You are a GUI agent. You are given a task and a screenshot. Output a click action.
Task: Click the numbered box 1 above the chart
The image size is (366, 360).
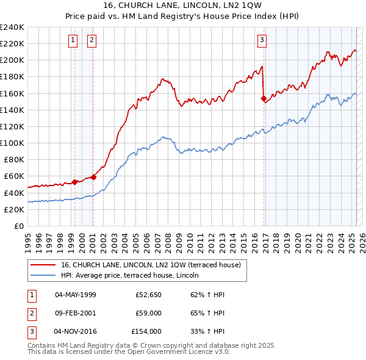(73, 41)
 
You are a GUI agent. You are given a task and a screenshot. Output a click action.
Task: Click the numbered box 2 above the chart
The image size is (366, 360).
(91, 41)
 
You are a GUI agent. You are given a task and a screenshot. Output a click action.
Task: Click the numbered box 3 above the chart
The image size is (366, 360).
(262, 41)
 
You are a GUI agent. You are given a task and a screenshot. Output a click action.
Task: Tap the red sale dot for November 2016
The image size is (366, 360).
(264, 98)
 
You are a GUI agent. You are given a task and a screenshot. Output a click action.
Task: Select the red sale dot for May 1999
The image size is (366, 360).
(74, 182)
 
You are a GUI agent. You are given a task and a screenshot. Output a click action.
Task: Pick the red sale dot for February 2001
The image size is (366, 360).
(94, 177)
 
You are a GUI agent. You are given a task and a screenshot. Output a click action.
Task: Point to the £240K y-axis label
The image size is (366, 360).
(12, 27)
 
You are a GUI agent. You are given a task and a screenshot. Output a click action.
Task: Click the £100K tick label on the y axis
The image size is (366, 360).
(12, 143)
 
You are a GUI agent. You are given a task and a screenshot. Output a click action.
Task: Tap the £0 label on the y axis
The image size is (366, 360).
(19, 226)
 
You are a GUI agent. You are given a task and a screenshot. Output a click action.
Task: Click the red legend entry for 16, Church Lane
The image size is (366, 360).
(151, 265)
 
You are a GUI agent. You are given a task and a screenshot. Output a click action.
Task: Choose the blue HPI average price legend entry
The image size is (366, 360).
(135, 276)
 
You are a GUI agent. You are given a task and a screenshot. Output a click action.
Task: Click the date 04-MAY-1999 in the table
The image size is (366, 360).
(76, 294)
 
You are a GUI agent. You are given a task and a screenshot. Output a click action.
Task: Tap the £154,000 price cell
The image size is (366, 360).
(146, 331)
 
